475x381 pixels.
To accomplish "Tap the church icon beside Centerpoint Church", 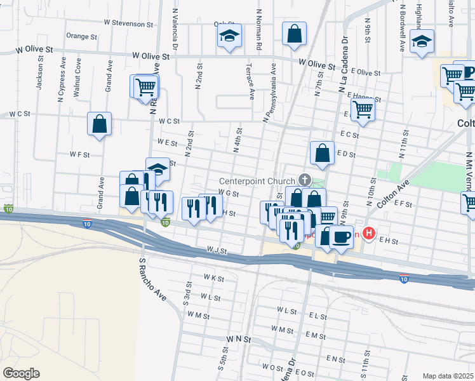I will (x=305, y=180).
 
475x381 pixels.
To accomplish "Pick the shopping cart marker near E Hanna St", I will (x=363, y=109).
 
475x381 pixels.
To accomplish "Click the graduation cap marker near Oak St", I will (x=229, y=36).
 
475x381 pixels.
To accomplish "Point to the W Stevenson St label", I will (x=130, y=23).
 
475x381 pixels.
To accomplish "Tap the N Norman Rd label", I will (x=258, y=30).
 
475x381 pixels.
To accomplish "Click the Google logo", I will (x=21, y=373).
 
